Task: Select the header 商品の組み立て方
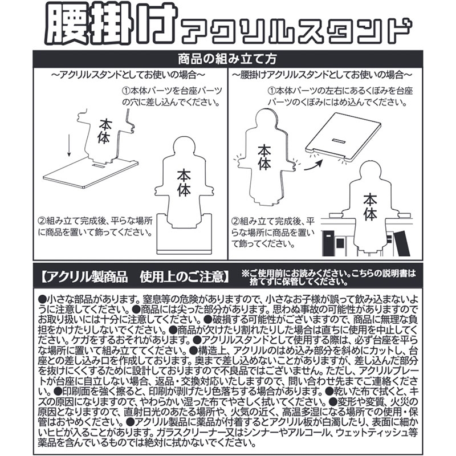tap(227, 59)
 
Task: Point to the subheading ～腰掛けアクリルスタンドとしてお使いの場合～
tap(322, 75)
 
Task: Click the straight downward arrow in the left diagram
tap(68, 145)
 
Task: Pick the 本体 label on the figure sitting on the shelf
tap(370, 206)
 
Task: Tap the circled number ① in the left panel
tap(126, 91)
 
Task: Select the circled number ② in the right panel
tap(235, 221)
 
